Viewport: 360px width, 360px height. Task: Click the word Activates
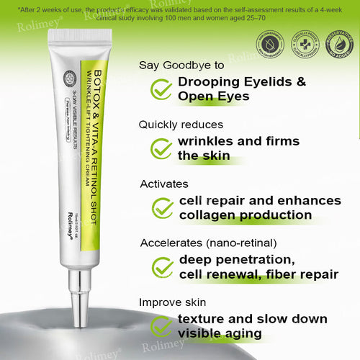coord(164,184)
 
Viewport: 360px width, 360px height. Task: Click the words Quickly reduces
coord(181,124)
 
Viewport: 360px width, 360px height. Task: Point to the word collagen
coord(207,215)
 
